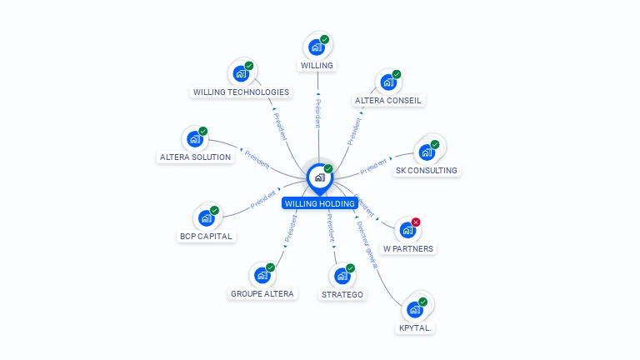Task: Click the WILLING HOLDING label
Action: [319, 203]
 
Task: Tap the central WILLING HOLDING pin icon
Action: [319, 177]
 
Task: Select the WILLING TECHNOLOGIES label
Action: [241, 92]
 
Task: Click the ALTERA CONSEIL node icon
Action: [387, 82]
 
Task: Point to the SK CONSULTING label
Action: [427, 170]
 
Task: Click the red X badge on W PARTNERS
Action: [416, 222]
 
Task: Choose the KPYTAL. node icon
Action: [414, 310]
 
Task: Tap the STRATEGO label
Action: [342, 294]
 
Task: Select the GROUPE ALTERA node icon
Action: [262, 275]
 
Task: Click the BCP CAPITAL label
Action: [206, 236]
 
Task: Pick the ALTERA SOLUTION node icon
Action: [195, 139]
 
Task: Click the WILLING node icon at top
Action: [316, 47]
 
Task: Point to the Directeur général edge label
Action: [367, 243]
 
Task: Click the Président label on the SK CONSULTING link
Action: [375, 165]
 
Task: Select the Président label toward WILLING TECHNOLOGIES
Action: [280, 126]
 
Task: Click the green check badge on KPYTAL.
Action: [422, 302]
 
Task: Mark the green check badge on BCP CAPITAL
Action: [214, 210]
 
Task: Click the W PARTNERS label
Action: [408, 248]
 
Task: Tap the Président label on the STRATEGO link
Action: [330, 227]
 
